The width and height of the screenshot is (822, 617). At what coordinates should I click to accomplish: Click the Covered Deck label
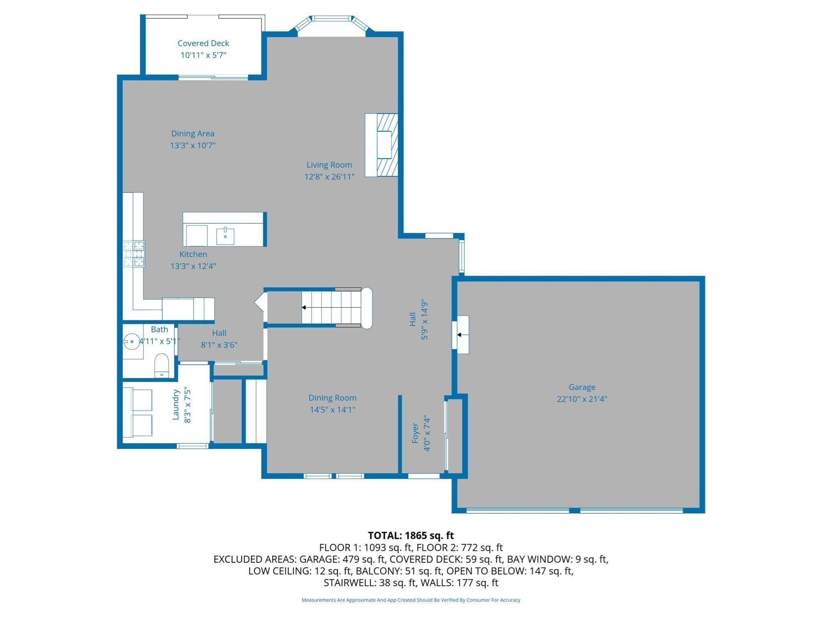coord(203,43)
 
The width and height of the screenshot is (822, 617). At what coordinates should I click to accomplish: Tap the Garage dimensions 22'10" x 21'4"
coord(582,399)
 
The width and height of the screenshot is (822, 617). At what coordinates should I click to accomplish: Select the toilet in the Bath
coord(162,365)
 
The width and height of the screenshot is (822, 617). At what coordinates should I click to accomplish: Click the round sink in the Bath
coord(132,341)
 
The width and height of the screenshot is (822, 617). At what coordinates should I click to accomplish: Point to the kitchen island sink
coord(225,236)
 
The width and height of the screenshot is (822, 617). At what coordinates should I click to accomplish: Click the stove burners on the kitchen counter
coord(134,254)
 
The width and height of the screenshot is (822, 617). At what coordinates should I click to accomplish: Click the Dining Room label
coord(332,398)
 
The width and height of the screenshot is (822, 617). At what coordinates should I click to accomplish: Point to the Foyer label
coord(415,433)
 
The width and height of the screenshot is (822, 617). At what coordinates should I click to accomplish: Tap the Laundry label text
coord(175,405)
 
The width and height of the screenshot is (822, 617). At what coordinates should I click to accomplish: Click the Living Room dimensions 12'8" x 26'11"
coord(329,176)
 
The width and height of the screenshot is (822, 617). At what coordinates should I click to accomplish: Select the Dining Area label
coord(193,133)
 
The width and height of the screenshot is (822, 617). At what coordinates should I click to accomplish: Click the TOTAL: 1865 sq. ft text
coord(411,535)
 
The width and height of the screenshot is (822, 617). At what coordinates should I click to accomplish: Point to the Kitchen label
coord(193,254)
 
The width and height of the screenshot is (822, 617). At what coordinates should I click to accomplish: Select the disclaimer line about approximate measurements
coord(411,600)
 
